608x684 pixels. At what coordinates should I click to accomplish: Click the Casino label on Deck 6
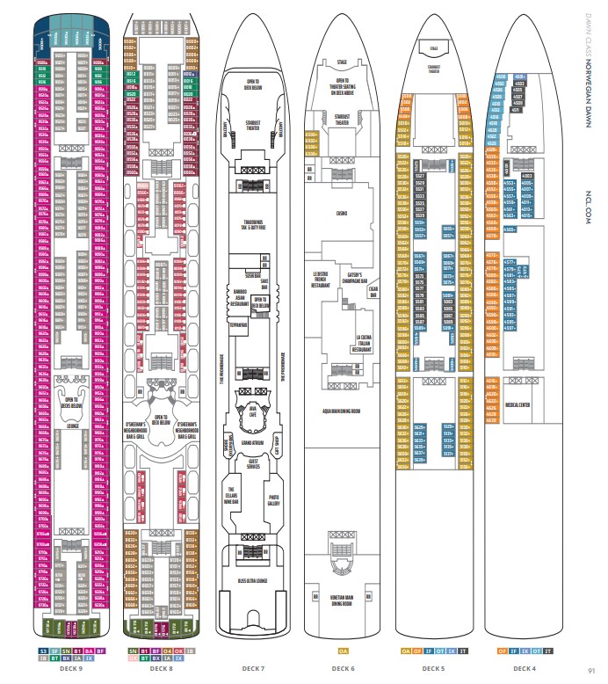(x=341, y=213)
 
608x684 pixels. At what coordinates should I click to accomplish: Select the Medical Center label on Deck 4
(x=518, y=405)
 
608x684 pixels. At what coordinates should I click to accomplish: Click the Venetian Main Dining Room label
(x=342, y=601)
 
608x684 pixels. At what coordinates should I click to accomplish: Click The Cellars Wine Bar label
(x=233, y=497)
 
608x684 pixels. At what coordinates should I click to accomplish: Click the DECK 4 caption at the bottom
(x=525, y=668)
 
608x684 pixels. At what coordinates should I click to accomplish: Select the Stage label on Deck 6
(x=342, y=62)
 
